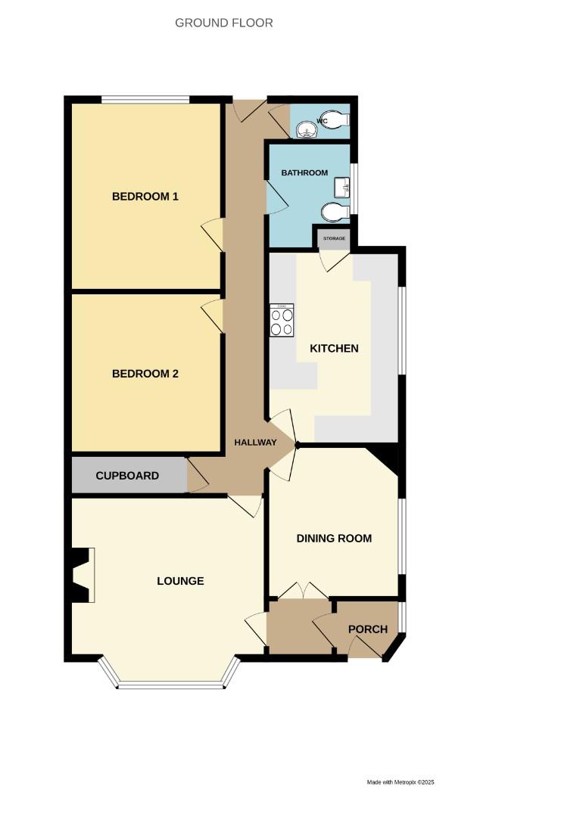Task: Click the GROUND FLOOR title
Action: (224, 23)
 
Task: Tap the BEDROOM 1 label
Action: (145, 197)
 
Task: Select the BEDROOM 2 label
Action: (145, 374)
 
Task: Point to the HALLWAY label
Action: (255, 443)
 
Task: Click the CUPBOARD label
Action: (127, 476)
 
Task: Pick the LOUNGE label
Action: (180, 581)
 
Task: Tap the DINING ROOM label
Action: (334, 539)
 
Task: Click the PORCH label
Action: (368, 629)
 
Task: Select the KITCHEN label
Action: (334, 349)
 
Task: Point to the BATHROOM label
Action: (304, 173)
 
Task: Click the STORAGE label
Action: (334, 239)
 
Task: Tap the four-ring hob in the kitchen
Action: (282, 321)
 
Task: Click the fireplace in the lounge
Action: (80, 575)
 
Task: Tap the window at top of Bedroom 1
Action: (145, 98)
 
